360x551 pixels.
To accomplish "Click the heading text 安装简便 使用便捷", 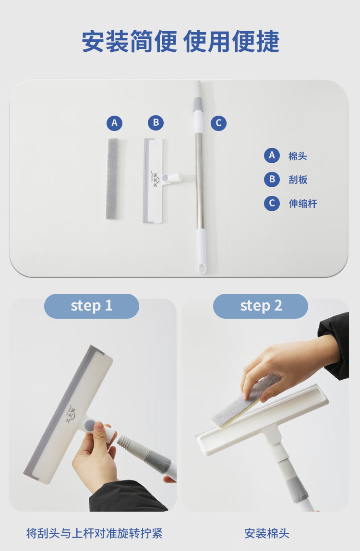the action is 180,41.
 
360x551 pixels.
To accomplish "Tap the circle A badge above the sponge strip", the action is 115,123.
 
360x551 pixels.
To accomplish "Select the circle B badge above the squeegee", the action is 156,123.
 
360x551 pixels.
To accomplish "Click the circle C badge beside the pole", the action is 219,123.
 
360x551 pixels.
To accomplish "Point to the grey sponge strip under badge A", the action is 112,179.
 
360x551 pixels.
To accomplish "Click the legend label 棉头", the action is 298,156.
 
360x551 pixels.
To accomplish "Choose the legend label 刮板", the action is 298,180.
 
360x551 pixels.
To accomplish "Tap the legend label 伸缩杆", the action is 303,204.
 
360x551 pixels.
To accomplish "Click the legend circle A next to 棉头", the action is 272,156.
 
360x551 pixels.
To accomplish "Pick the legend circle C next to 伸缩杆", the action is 272,203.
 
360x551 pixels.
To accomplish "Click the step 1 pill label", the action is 91,306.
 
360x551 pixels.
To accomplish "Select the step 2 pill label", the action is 261,306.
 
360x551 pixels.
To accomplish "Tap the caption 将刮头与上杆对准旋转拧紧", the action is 94,533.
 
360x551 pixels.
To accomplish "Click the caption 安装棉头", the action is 267,533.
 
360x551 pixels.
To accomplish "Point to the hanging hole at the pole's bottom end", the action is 202,269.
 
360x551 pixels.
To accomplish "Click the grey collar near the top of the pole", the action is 198,104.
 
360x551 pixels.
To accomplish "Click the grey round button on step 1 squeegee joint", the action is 89,424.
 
